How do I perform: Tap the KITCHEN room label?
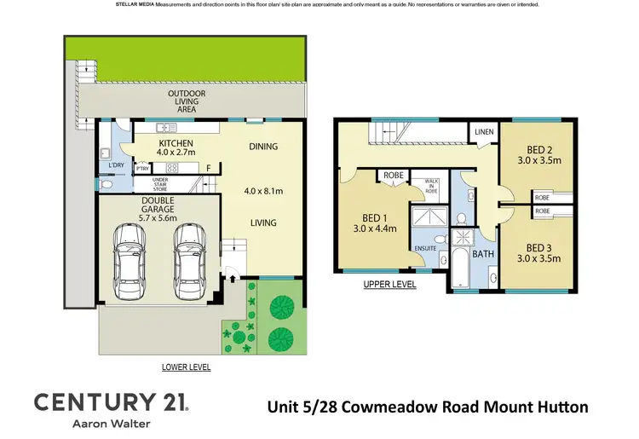(x=176, y=143)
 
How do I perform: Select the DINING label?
(x=263, y=147)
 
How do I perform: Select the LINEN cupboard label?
(x=484, y=132)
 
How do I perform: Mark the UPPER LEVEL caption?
(x=389, y=285)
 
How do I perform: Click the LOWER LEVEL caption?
(x=186, y=367)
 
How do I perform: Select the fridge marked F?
(x=208, y=167)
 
